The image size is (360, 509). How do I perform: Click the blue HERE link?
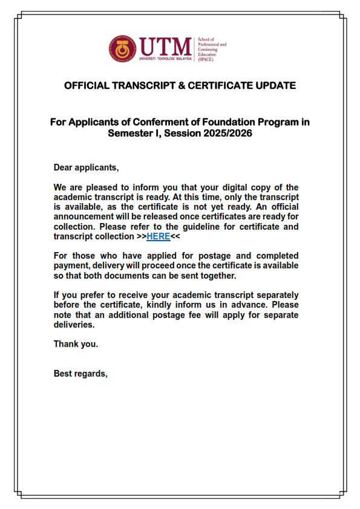(158, 236)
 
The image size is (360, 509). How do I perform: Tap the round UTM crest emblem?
(123, 49)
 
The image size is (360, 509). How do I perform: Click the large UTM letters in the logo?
(165, 46)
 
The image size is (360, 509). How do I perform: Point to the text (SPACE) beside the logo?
(206, 60)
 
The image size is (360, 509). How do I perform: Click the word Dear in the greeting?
(64, 167)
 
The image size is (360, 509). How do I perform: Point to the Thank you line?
(76, 344)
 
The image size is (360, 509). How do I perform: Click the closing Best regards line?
(80, 373)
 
